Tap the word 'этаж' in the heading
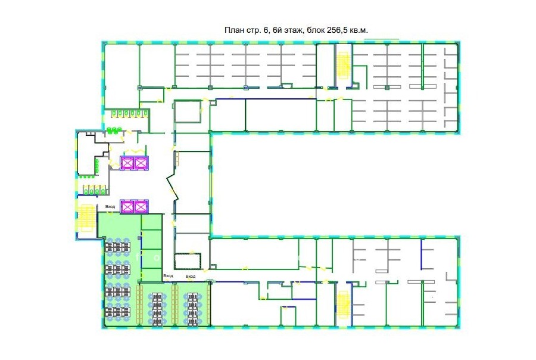pyautogui.click(x=293, y=30)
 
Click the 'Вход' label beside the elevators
pyautogui.click(x=110, y=207)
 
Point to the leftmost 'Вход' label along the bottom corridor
pyautogui.click(x=168, y=275)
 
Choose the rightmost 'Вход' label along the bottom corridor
pyautogui.click(x=191, y=276)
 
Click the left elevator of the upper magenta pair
pyautogui.click(x=127, y=163)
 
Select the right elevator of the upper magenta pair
pyautogui.click(x=141, y=163)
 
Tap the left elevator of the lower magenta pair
pyautogui.click(x=127, y=206)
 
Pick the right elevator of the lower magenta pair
pyautogui.click(x=141, y=206)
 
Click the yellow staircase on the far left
pyautogui.click(x=86, y=219)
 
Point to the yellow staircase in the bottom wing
pyautogui.click(x=342, y=304)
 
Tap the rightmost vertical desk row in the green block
pyautogui.click(x=192, y=309)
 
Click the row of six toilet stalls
pyautogui.click(x=126, y=113)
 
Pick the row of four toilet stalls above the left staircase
pyautogui.click(x=94, y=190)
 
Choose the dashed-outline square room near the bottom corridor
pyautogui.click(x=188, y=261)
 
